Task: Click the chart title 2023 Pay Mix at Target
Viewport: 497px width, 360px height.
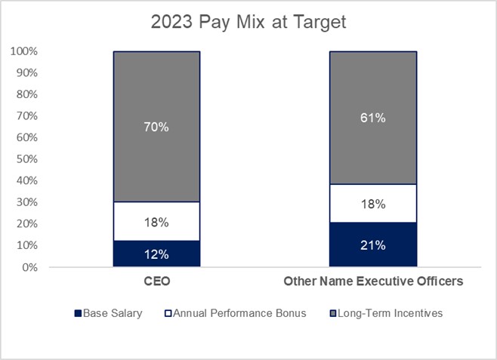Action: [248, 23]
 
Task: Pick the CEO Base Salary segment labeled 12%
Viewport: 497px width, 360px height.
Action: [156, 254]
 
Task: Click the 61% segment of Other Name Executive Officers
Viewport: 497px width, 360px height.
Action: [372, 143]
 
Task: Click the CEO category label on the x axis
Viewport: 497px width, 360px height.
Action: [156, 282]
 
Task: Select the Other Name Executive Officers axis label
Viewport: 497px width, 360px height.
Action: [372, 282]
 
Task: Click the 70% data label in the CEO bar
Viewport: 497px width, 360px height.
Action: [156, 127]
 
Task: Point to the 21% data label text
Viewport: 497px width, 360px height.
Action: [372, 245]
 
